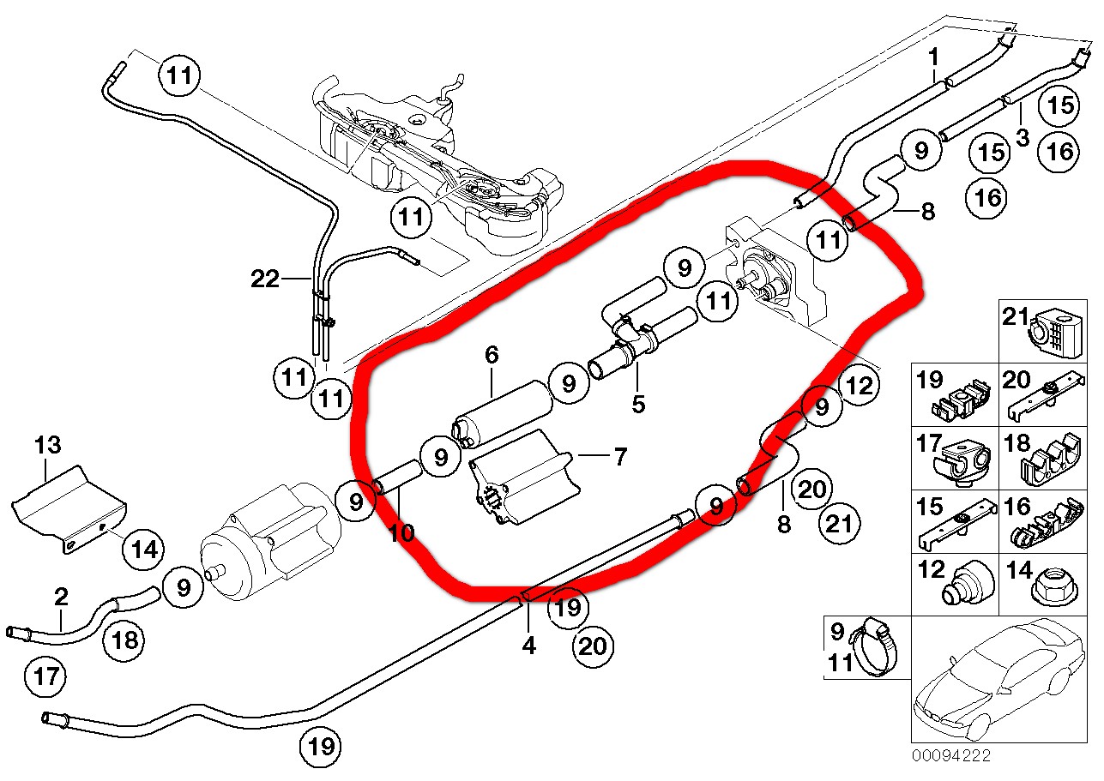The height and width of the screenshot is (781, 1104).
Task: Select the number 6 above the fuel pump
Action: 491,354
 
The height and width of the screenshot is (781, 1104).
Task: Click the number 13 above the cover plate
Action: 49,445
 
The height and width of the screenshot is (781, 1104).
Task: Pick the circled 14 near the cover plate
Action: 144,549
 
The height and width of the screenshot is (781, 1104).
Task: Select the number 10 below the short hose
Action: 401,533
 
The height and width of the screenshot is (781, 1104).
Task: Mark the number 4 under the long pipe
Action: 528,645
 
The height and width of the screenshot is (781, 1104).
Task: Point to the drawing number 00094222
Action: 951,755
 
